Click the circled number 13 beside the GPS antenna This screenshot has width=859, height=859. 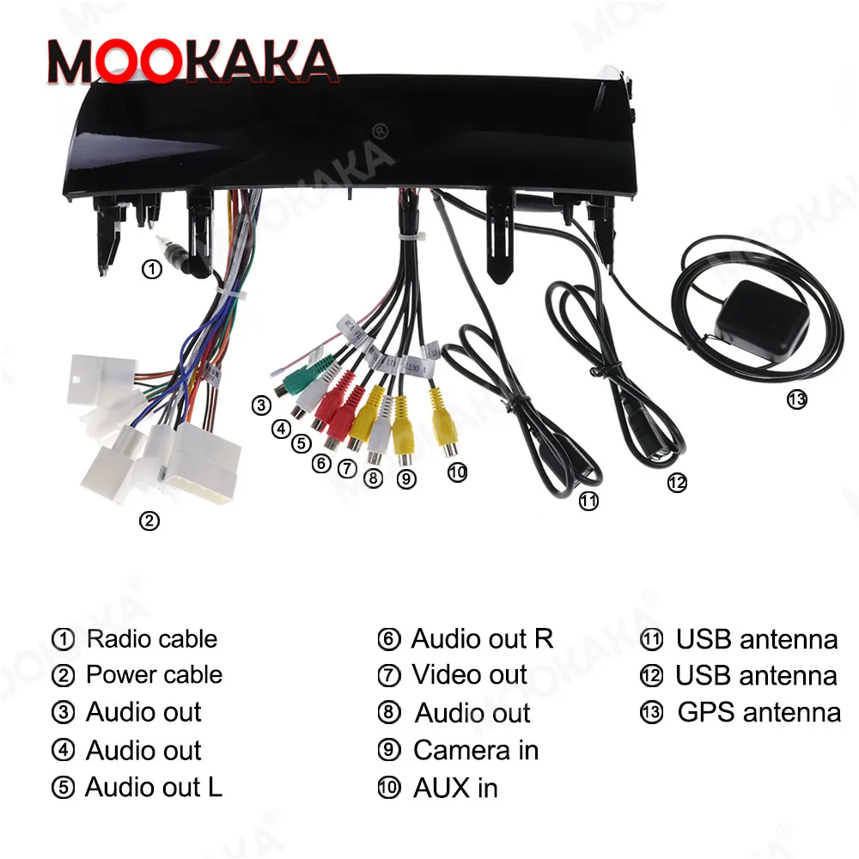coord(798,399)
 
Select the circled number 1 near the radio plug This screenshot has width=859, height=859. coord(151,270)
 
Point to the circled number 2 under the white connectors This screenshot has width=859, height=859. coord(149,521)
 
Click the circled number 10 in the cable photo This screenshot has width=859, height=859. coord(457,472)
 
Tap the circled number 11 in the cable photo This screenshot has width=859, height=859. coord(588,502)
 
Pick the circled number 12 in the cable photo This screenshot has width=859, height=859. coord(677,483)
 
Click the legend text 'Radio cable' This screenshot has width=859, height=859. coord(152,639)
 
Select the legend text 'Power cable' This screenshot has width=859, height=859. coord(154,675)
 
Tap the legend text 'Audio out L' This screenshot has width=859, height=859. coord(154,788)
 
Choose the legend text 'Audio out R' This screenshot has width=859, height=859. coord(482,639)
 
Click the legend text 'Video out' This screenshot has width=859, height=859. coord(469,675)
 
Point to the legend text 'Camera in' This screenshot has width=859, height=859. coord(476,750)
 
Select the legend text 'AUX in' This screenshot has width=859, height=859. coord(455,788)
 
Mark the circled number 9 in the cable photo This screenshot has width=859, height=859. coord(406,480)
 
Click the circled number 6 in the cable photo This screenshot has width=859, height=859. coord(320,464)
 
